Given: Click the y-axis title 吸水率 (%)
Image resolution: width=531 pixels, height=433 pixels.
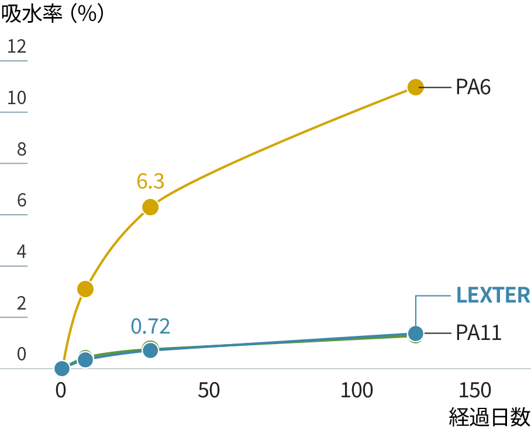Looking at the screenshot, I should pyautogui.click(x=54, y=14).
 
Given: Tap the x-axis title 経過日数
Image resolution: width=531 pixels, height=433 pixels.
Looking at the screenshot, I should pyautogui.click(x=490, y=417).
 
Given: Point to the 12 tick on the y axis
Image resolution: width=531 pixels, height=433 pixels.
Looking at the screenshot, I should pyautogui.click(x=17, y=46).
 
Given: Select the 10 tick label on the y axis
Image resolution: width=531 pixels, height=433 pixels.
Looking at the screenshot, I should pyautogui.click(x=17, y=97).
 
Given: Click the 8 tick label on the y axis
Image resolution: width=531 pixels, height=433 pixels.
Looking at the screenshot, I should pyautogui.click(x=22, y=149).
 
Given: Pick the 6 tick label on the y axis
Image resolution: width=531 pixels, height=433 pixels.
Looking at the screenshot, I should pyautogui.click(x=22, y=200).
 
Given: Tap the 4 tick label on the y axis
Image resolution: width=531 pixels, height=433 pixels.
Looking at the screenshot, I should pyautogui.click(x=22, y=252).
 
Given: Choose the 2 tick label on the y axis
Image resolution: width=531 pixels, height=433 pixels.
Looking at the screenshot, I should pyautogui.click(x=22, y=303).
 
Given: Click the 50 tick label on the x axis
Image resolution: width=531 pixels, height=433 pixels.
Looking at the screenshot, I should pyautogui.click(x=209, y=390).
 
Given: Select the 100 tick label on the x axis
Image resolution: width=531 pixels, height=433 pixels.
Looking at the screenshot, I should pyautogui.click(x=357, y=390).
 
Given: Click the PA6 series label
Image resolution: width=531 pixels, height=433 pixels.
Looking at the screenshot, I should pyautogui.click(x=473, y=87).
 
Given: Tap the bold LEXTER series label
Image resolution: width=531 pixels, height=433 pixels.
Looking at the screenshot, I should pyautogui.click(x=493, y=295).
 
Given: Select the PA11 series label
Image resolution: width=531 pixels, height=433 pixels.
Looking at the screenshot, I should pyautogui.click(x=478, y=333).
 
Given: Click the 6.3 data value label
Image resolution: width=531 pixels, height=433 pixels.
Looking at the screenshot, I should pyautogui.click(x=150, y=181).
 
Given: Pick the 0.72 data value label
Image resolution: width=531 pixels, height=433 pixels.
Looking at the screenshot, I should pyautogui.click(x=150, y=326).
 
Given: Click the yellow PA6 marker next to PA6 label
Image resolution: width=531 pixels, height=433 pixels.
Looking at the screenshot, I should pyautogui.click(x=415, y=87).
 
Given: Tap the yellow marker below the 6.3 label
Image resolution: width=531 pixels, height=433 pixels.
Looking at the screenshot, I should pyautogui.click(x=150, y=207).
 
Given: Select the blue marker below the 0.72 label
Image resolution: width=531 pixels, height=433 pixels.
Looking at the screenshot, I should pyautogui.click(x=150, y=350).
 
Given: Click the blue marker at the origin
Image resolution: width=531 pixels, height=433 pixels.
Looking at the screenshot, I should pyautogui.click(x=61, y=369).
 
